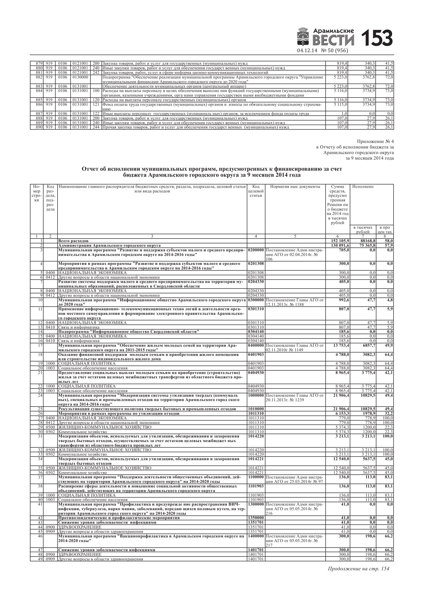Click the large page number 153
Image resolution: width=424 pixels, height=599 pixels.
376,38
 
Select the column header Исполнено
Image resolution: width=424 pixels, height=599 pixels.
363,187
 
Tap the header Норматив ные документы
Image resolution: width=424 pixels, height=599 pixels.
295,187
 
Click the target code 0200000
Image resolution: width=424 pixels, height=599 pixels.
256,250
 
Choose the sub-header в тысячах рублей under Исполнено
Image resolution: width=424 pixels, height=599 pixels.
363,230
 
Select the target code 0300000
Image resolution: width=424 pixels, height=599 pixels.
256,300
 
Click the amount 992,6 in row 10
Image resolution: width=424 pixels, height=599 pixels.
343,300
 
